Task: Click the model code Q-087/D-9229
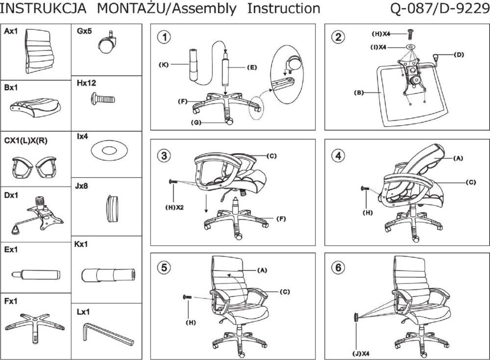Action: (440, 8)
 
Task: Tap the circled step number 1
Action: (166, 37)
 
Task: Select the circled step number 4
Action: (338, 155)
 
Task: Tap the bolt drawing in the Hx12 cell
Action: (103, 99)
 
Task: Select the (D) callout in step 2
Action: (459, 54)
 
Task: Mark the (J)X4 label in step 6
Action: (360, 352)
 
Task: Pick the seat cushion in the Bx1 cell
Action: (34, 104)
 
